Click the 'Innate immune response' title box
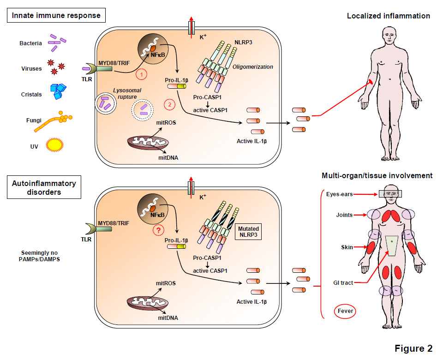(x=57, y=16)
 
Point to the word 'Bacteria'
(x=31, y=43)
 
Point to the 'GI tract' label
(x=344, y=282)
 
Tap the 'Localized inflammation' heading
(x=389, y=16)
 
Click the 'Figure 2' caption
(x=413, y=348)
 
